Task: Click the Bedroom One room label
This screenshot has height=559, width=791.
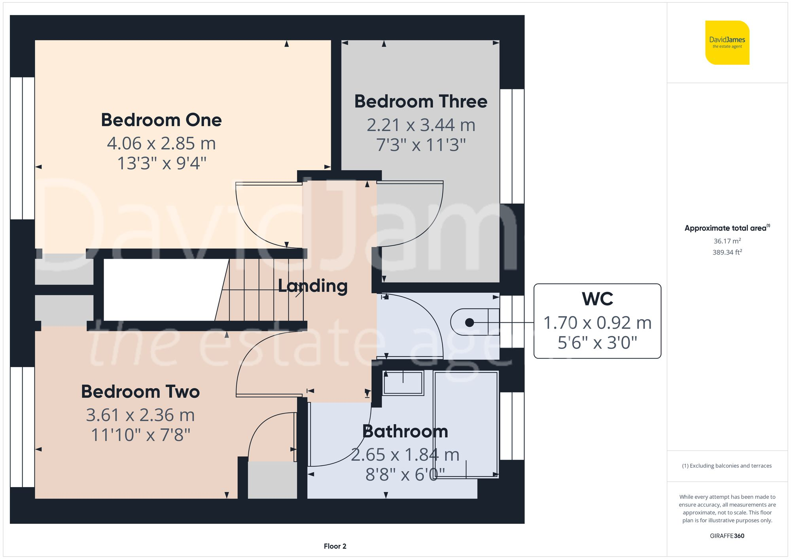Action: (x=161, y=120)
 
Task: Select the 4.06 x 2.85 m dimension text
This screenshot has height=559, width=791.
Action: (x=161, y=143)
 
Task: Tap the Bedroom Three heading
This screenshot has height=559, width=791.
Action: (x=420, y=102)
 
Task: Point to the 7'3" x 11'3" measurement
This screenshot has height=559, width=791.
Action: (x=420, y=145)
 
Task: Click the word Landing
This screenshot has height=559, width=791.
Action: (x=312, y=286)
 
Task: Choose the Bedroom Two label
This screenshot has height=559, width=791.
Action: (x=140, y=391)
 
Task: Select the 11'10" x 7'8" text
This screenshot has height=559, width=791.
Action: (x=140, y=435)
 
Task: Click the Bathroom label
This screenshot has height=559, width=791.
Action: (x=405, y=431)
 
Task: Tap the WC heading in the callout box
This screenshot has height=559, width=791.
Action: (x=597, y=299)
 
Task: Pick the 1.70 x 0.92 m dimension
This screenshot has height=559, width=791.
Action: (x=597, y=323)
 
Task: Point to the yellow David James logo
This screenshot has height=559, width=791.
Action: (x=727, y=43)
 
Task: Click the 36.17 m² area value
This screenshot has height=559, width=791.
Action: (x=727, y=241)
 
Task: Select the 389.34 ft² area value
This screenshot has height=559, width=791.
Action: (x=727, y=252)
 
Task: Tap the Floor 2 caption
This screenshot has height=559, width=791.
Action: (x=335, y=546)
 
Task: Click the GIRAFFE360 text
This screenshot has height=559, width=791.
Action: (x=727, y=536)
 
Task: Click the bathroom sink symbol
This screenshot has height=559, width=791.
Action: (x=403, y=382)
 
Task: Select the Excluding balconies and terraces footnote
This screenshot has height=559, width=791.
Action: (x=727, y=466)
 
